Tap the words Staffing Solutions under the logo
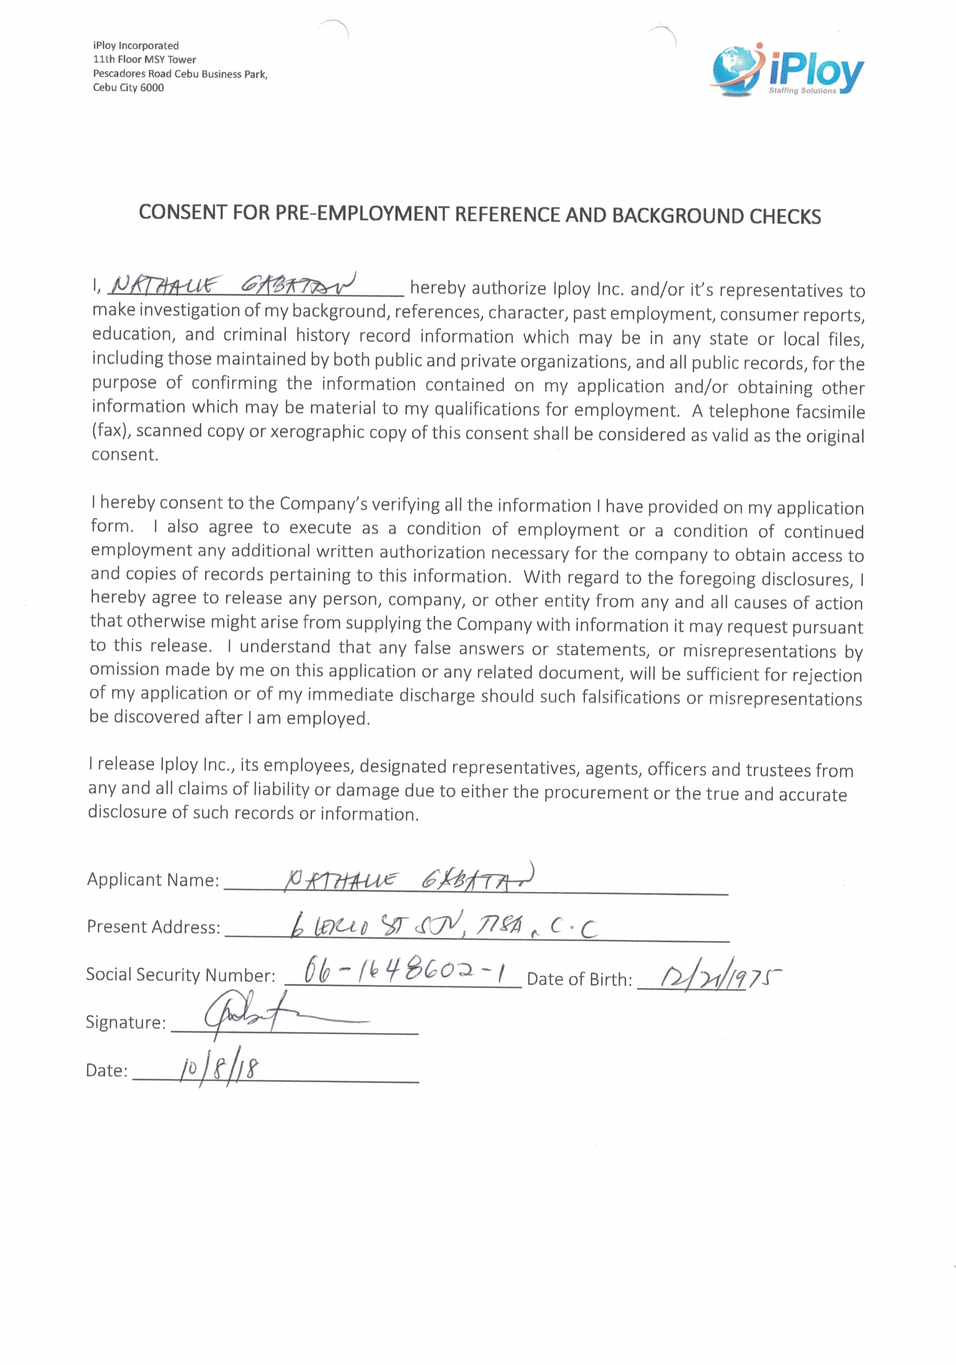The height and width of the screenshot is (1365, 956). tap(802, 91)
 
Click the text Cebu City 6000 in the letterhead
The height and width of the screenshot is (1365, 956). tap(128, 87)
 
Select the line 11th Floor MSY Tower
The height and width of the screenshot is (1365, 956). tap(144, 60)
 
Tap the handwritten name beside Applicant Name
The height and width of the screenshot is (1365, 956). tap(410, 878)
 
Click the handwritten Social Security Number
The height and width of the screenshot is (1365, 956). tap(404, 973)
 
